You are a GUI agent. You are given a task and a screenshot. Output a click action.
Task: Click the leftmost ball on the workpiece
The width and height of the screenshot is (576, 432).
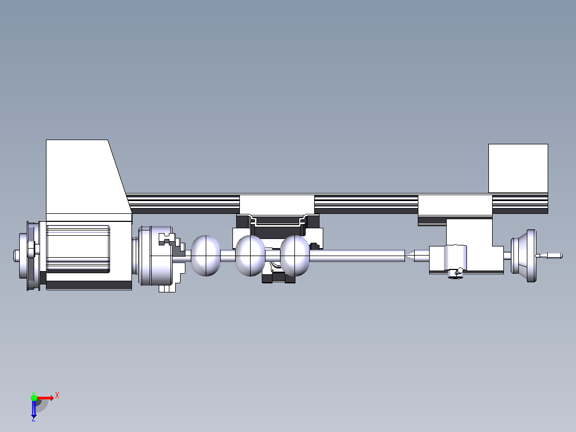[206, 256]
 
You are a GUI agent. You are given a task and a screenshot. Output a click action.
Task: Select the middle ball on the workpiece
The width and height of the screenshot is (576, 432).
[250, 256]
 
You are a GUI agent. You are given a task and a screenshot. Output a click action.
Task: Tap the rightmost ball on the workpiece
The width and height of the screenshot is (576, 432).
[295, 256]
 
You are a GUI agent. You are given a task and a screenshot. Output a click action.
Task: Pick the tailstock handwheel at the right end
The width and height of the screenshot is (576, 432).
[524, 256]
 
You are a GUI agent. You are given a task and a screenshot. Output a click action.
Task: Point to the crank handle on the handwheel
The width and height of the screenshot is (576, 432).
[549, 256]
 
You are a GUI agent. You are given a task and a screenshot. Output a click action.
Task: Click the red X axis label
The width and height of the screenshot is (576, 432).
[57, 396]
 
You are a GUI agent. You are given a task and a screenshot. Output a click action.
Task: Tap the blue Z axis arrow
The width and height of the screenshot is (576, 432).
[34, 408]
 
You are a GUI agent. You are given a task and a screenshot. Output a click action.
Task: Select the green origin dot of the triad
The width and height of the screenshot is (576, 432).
[34, 397]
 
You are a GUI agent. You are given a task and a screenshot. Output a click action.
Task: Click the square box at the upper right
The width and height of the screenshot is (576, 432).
[518, 168]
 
